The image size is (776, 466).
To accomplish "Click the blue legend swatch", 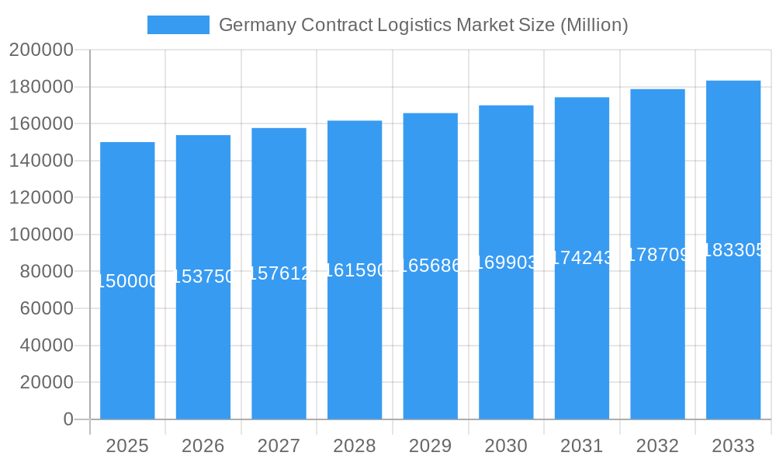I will click(178, 25).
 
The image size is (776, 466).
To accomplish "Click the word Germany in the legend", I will click(252, 25).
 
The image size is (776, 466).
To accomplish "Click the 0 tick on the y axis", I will click(68, 419).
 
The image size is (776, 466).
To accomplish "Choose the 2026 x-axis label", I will click(203, 446).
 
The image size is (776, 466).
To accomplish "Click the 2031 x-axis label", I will click(581, 446).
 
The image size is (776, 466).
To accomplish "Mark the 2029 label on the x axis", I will click(430, 446).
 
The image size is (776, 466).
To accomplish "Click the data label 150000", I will click(127, 281).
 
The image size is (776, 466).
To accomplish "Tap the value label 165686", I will click(430, 266).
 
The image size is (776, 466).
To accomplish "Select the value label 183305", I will click(733, 250).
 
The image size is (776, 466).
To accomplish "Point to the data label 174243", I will click(581, 258).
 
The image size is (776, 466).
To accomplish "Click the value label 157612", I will click(279, 273).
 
